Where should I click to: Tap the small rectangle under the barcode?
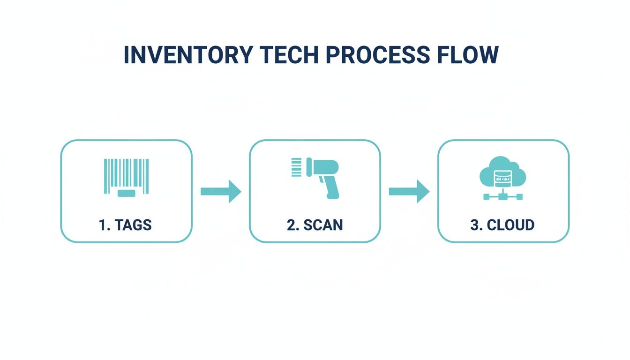pos(126,193)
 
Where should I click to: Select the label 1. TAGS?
pos(126,225)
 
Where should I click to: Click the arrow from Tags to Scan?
pos(220,191)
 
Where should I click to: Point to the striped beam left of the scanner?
pos(297,167)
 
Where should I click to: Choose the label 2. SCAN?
pos(315,225)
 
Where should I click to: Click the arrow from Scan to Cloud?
pos(409,191)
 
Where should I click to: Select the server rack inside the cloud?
pos(502,178)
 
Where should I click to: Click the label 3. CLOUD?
pos(502,225)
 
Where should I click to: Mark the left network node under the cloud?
pos(487,197)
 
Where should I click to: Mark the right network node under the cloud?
pos(519,197)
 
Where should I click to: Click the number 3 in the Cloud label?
pos(474,225)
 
